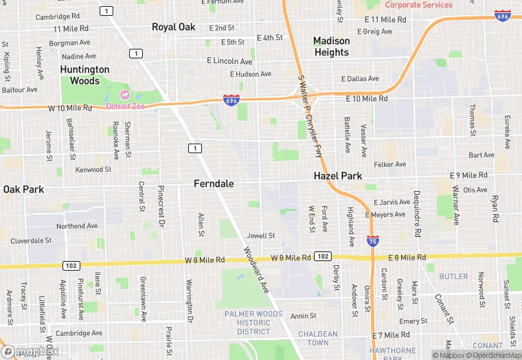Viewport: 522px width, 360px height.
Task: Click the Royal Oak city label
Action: [174, 27]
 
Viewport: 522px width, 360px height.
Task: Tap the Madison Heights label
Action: [332, 47]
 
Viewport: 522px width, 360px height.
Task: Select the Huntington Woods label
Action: [84, 75]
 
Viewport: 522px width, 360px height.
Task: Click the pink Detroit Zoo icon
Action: [125, 94]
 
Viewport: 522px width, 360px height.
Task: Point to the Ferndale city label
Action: [214, 184]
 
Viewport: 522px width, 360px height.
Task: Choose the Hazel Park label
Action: [338, 176]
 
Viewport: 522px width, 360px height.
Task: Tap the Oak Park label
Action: [23, 189]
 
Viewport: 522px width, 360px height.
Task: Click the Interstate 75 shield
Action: [371, 241]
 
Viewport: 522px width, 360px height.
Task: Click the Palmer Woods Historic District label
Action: [253, 323]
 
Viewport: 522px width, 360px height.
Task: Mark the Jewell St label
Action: [261, 236]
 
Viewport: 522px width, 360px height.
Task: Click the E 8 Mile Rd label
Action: [408, 258]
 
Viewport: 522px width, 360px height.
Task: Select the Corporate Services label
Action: [418, 5]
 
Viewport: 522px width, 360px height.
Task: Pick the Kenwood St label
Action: [93, 170]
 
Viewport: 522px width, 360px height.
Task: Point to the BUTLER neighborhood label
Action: [453, 277]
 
